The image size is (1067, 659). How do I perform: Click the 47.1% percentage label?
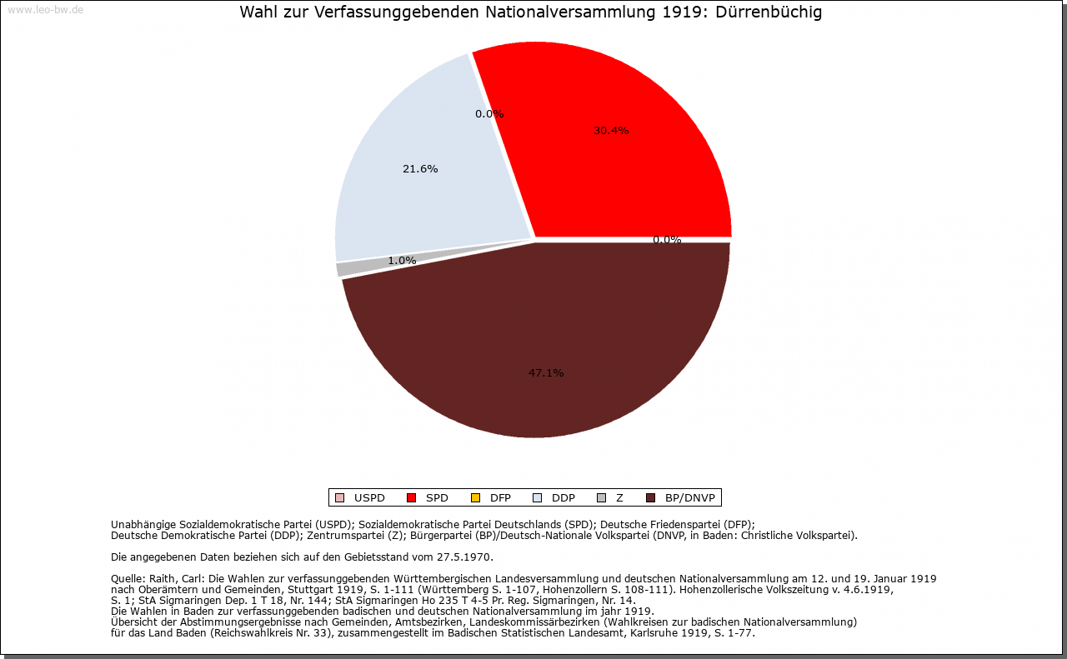click(546, 373)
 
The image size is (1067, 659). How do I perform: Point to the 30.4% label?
click(611, 131)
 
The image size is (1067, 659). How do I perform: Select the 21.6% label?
click(420, 169)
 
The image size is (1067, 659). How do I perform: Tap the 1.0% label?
click(402, 261)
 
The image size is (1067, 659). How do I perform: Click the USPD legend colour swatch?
click(339, 497)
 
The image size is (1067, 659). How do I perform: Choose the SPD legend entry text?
click(437, 498)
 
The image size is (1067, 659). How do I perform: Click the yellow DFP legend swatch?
click(475, 497)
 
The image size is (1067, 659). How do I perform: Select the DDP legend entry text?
click(563, 498)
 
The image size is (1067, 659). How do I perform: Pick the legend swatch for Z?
click(602, 497)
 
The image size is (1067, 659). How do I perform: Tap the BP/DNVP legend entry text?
click(689, 498)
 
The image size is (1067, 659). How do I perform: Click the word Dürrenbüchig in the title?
click(769, 12)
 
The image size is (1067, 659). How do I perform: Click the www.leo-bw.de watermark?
click(45, 9)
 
